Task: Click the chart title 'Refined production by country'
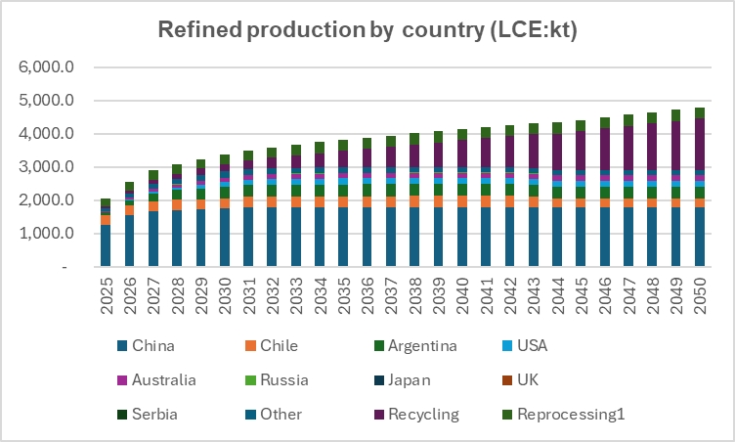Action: click(x=368, y=29)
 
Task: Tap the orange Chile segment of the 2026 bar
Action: click(x=129, y=209)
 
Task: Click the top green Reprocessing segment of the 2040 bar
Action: click(x=462, y=134)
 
